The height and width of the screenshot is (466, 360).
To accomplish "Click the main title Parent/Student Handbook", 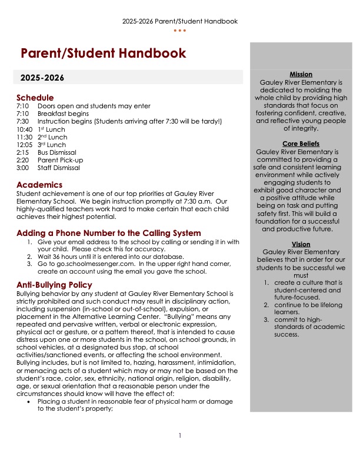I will (103, 54).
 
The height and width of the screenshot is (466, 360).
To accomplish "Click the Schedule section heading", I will (35, 97).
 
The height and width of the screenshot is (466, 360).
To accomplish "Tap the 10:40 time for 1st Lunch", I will (25, 129).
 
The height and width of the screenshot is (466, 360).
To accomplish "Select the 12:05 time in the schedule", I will (25, 144).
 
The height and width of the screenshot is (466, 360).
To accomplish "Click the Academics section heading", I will (39, 185).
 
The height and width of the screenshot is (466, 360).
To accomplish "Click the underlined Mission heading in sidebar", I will (301, 74).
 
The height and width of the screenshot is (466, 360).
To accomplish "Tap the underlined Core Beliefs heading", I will (301, 144).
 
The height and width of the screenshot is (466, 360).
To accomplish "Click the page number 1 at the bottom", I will (180, 435).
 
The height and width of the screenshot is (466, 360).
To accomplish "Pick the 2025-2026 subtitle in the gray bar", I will (42, 78).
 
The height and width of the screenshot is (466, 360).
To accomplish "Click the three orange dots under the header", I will (180, 30).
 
